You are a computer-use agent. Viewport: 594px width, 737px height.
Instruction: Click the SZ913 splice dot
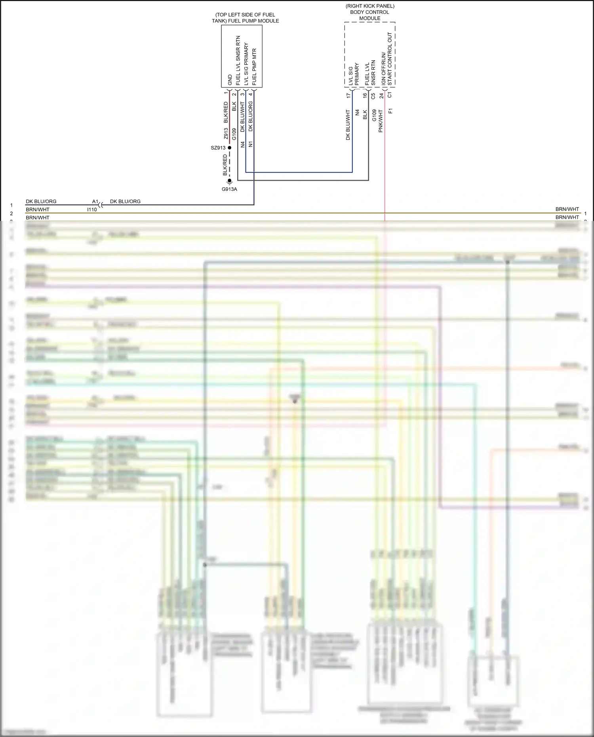pos(229,148)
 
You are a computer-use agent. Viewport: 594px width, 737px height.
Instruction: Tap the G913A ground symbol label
pos(229,189)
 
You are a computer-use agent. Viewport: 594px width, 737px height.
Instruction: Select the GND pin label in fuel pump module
pos(230,80)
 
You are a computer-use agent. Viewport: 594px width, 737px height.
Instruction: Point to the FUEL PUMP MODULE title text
pos(245,18)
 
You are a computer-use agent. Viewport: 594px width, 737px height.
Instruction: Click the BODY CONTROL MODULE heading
pos(370,12)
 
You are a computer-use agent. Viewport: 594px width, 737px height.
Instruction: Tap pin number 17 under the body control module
pos(348,95)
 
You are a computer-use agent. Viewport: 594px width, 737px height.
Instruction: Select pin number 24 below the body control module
pos(381,95)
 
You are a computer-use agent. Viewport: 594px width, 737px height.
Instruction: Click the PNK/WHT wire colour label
pos(381,121)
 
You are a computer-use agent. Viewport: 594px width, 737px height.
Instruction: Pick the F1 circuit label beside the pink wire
pos(390,111)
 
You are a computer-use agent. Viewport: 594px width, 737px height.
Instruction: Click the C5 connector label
pos(373,96)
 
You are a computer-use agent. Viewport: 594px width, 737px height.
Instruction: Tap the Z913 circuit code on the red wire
pos(226,133)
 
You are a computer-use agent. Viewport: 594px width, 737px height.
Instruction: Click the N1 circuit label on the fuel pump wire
pos(250,144)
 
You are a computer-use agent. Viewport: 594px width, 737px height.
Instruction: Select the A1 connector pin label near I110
pos(95,202)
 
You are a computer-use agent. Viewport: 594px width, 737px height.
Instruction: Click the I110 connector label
pos(92,209)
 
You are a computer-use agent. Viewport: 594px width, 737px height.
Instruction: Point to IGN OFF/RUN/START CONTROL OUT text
pos(387,59)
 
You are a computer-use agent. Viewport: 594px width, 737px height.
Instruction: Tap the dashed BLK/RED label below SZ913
pos(225,165)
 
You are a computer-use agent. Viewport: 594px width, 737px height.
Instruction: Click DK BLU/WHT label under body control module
pos(348,125)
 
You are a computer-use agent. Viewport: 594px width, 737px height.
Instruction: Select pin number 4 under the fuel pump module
pos(250,94)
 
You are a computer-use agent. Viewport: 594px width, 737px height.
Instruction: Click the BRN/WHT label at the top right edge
pos(567,209)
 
